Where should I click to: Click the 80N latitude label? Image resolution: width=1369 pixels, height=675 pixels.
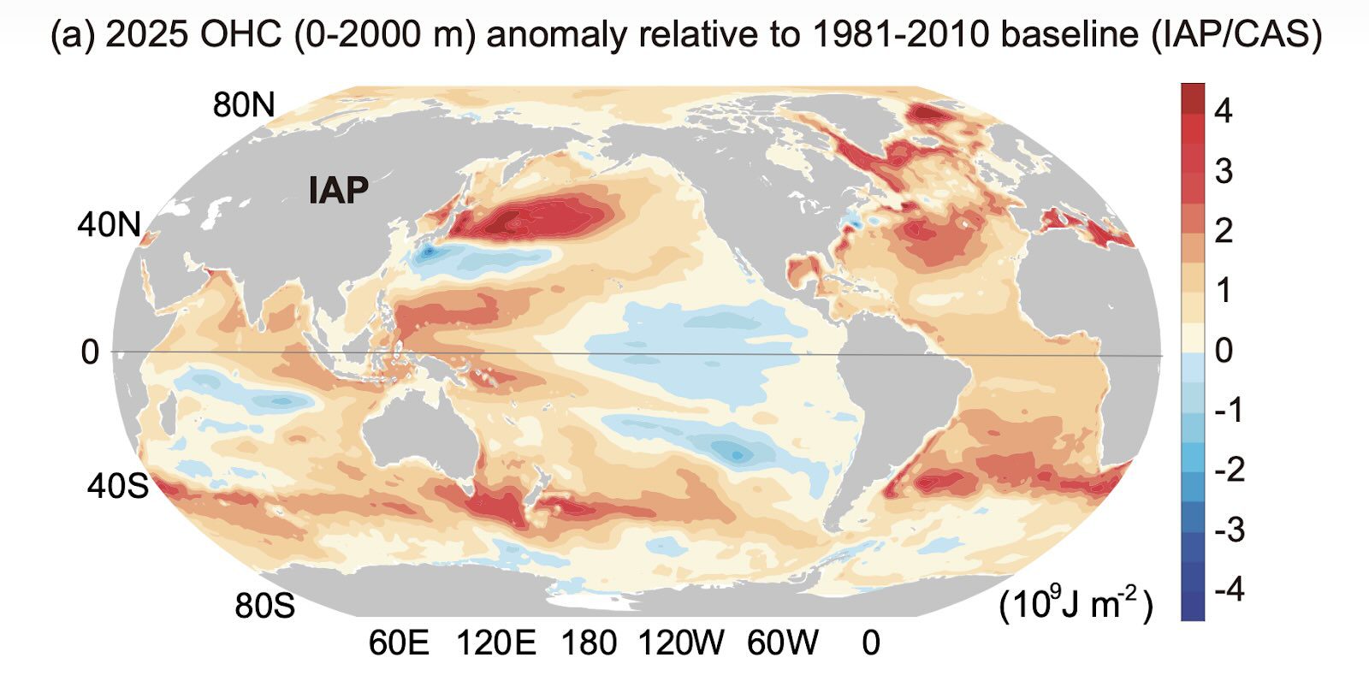coord(244,105)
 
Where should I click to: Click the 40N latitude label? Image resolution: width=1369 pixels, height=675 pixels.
coord(109,225)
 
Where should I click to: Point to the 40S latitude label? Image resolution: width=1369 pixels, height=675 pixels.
coord(117,486)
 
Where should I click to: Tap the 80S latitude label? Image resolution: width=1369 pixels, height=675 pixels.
coord(264,606)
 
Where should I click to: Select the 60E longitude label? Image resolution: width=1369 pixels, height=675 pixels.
coord(399,642)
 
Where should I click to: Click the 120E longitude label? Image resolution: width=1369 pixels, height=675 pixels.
coord(496,642)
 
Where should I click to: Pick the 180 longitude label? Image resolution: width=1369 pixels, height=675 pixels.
coord(589,642)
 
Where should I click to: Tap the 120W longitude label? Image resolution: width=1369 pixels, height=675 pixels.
coord(682,642)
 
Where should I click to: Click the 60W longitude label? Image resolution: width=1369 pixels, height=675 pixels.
coord(782,642)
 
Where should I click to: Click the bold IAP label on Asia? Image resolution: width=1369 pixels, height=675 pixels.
coord(339,190)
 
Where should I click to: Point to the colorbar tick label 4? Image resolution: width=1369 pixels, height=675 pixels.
coord(1224,110)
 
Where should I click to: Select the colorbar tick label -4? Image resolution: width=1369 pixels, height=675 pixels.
coord(1230,589)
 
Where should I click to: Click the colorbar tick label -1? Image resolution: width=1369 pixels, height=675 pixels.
coord(1230,410)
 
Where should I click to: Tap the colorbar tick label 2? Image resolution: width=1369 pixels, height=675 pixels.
coord(1224,230)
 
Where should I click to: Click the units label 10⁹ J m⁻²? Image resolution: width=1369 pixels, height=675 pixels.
coord(1076,604)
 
